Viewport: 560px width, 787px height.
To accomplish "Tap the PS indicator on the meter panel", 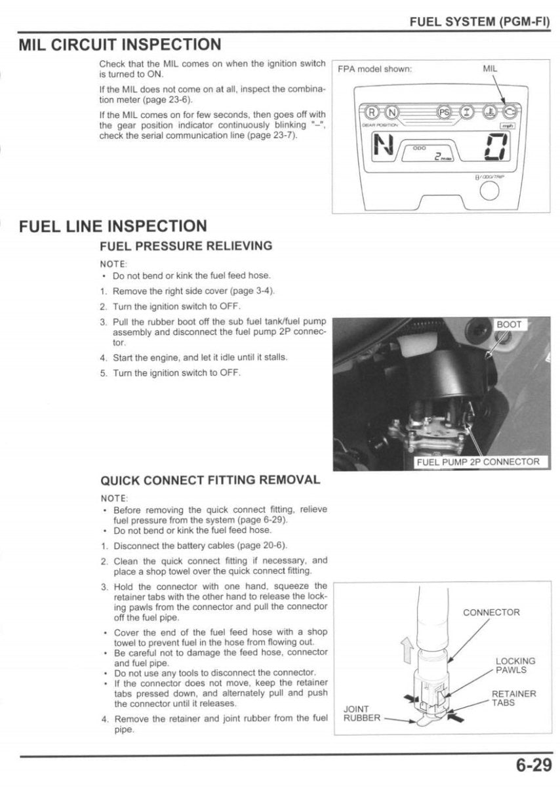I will tap(445, 111).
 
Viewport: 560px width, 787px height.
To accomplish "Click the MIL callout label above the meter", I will tap(490, 68).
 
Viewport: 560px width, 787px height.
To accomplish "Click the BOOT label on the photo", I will tap(508, 325).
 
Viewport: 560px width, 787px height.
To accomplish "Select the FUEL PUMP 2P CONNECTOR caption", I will tap(478, 462).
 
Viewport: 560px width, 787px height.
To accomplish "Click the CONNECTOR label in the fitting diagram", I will tap(491, 612).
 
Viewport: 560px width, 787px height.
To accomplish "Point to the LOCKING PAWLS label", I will tap(515, 665).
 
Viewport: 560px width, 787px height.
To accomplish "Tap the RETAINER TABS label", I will tap(513, 698).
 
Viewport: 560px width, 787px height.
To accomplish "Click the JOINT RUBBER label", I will tap(362, 713).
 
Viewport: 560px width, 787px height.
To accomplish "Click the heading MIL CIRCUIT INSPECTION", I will tap(119, 45).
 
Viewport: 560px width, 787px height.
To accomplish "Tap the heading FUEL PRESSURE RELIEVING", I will tap(185, 246).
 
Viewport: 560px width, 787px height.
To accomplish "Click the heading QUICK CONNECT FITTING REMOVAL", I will tap(210, 479).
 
